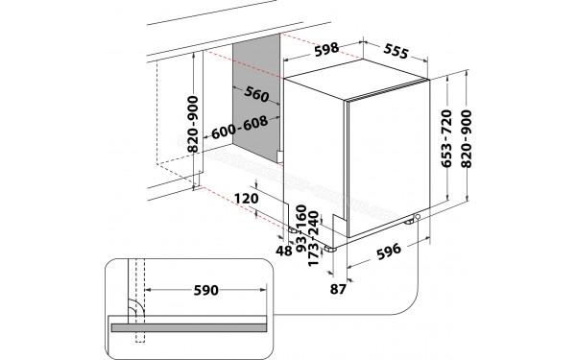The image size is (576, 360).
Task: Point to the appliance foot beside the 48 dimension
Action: [x=291, y=229]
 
